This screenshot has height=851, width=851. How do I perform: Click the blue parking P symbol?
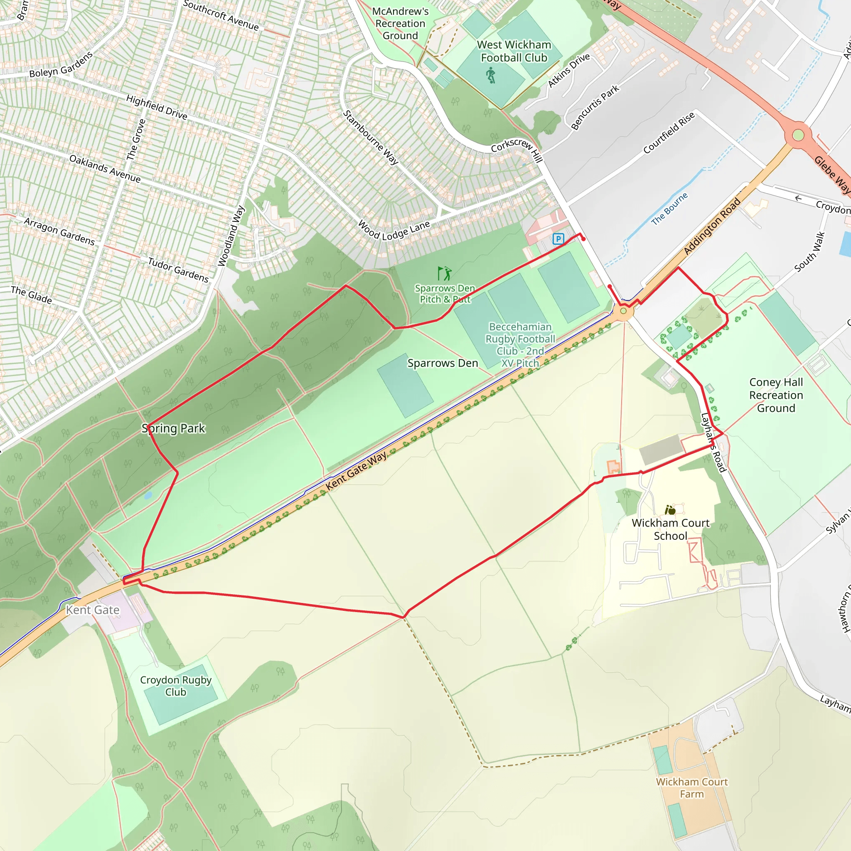558,239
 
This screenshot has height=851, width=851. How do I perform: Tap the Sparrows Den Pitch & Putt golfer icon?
445,273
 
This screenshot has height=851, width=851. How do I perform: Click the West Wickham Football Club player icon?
491,75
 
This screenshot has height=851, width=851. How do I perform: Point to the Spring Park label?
174,428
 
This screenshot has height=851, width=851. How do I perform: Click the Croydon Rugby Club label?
176,686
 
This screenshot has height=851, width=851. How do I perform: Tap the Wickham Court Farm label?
691,787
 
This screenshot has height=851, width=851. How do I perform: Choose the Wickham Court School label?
670,529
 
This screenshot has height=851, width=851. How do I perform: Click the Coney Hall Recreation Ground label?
776,395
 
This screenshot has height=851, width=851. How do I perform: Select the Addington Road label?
712,226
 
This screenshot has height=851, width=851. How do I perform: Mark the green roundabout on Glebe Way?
798,135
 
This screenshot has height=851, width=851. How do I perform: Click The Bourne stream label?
669,209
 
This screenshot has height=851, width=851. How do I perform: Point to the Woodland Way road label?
231,236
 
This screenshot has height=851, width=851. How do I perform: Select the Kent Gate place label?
93,610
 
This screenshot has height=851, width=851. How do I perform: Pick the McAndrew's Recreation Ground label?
400,24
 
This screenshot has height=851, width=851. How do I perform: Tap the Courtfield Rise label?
669,133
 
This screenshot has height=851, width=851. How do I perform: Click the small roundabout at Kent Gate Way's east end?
623,311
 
